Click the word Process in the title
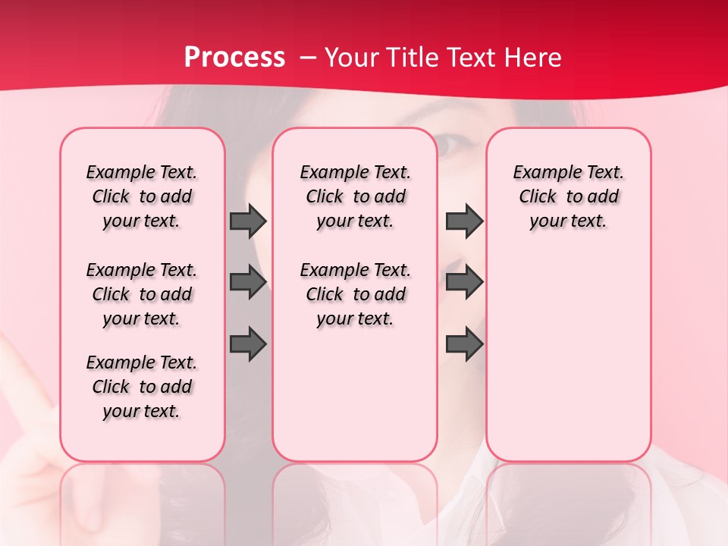coord(234,57)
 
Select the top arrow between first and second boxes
coord(248,221)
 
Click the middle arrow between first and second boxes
coord(248,282)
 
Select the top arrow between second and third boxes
coord(464,221)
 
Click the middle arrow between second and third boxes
coord(464,282)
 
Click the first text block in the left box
coord(142,196)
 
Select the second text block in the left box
coord(142,294)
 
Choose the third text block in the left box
coord(142,387)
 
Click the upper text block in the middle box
coord(355,196)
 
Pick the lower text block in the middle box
coord(355,294)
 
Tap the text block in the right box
coord(569,196)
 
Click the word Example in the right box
coord(540,172)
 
